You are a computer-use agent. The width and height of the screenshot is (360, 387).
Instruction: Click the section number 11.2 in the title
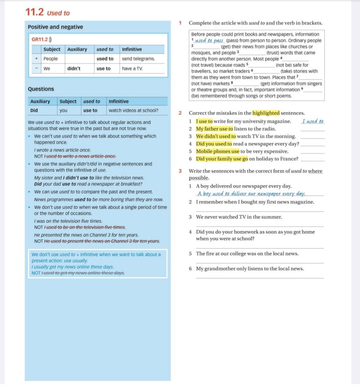35,12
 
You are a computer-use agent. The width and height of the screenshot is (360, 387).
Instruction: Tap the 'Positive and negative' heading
55,27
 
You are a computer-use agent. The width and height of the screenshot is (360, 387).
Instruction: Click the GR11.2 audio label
42,39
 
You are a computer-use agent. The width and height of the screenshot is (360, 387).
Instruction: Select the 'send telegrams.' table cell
138,59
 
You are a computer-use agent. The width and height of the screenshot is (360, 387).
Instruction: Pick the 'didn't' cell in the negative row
74,68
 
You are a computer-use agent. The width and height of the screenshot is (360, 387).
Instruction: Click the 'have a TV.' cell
132,68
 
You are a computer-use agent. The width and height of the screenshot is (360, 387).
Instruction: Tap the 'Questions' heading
41,89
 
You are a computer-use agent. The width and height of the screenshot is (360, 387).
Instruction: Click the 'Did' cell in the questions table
34,110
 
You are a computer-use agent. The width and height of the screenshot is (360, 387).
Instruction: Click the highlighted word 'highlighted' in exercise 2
266,113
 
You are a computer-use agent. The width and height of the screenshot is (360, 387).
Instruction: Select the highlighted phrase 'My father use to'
214,129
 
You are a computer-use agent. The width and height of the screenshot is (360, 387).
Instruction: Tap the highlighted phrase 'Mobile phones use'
218,151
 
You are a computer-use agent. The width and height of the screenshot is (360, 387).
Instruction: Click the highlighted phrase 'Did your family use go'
222,159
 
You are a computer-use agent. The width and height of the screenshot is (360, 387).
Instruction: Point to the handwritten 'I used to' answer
313,121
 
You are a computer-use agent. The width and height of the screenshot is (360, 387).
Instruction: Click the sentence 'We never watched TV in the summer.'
239,217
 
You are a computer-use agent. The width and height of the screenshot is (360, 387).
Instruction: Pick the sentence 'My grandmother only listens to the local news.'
250,269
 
